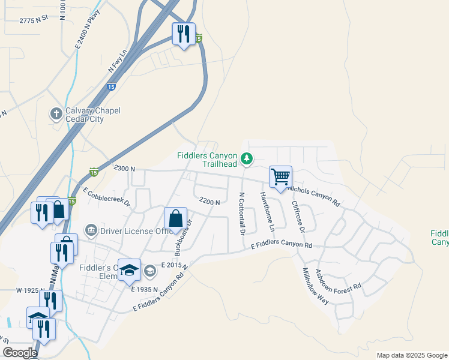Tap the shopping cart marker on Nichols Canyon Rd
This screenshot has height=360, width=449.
[280, 177]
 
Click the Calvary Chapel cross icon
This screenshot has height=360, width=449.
[56, 113]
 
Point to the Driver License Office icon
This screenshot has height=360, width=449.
[91, 229]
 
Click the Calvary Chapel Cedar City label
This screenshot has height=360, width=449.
[85, 115]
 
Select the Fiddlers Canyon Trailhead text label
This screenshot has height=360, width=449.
[208, 160]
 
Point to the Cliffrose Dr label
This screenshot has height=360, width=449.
[298, 216]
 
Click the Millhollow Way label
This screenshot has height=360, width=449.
[316, 286]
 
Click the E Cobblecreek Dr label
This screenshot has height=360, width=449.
[107, 197]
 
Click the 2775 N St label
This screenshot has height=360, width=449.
[34, 20]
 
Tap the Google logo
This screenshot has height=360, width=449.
[20, 353]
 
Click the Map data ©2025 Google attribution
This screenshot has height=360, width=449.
[411, 355]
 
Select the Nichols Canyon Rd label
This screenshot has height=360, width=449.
[314, 197]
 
